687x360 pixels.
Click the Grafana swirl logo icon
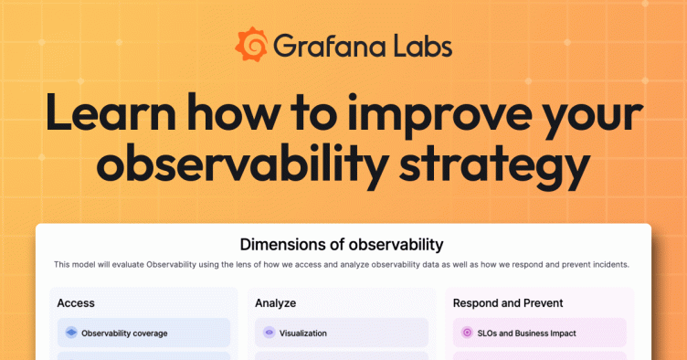251,44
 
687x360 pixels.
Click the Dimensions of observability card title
342,244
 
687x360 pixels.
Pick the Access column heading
76,302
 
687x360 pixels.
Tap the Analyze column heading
275,302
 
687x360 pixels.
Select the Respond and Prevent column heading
508,302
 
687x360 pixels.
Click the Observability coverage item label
124,333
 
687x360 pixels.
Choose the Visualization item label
302,333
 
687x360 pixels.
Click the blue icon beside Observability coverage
71,333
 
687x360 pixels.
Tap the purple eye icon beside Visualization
269,333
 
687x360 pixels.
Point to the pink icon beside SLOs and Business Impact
467,333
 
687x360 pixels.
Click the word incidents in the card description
608,264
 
